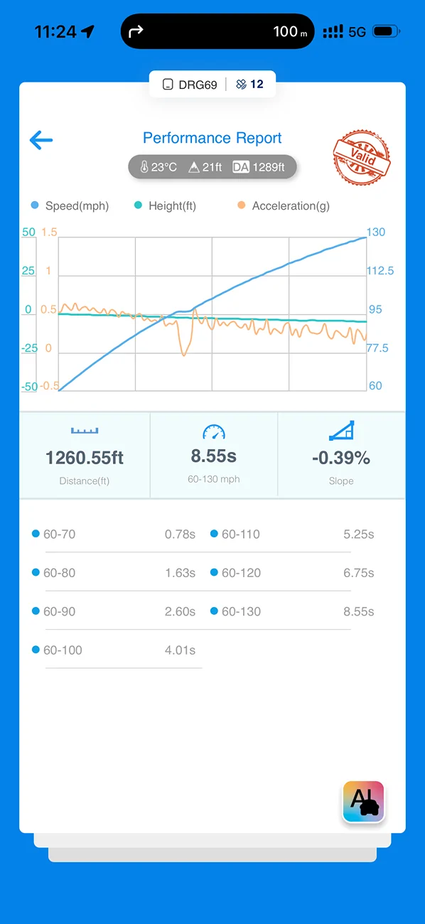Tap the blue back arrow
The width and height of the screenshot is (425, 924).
[41, 140]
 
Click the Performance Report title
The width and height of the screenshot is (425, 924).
[212, 138]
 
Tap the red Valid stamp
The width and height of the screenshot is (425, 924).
[362, 157]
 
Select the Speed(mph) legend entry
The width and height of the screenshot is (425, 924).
[70, 205]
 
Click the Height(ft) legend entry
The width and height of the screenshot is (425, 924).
[165, 205]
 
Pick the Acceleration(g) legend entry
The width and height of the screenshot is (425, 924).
[284, 205]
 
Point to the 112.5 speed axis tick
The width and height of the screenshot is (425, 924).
[380, 271]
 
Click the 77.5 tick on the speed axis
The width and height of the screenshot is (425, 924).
[377, 348]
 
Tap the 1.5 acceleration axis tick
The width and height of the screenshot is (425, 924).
[49, 232]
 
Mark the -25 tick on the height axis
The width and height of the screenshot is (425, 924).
[29, 348]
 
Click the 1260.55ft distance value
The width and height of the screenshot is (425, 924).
[85, 458]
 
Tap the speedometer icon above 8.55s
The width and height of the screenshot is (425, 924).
[214, 432]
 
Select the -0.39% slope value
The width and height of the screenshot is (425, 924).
[341, 458]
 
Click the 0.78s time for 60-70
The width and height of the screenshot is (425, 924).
[180, 534]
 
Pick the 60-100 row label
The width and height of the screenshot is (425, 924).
[63, 650]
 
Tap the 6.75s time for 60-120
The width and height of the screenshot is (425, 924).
[359, 573]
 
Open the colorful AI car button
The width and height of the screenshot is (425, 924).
[363, 802]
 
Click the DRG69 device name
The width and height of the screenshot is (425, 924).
[198, 85]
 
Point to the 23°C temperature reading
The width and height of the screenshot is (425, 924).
[158, 167]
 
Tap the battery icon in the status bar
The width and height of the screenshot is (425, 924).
[386, 31]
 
